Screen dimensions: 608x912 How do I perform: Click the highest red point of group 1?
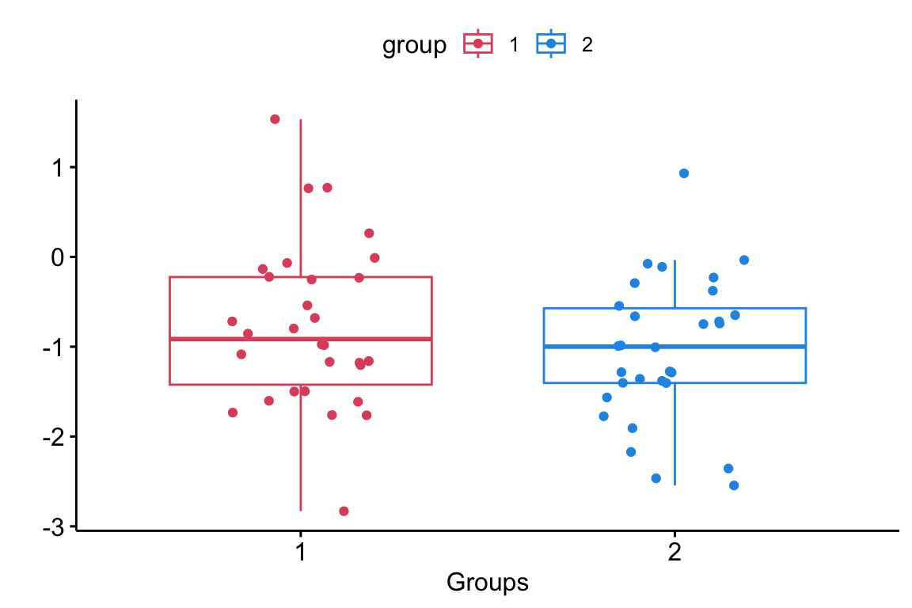[275, 120]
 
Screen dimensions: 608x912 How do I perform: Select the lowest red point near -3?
[344, 511]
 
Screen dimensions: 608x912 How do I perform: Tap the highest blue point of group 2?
[684, 173]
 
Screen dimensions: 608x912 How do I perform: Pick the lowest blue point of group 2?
[734, 485]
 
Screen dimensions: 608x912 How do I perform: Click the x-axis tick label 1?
[300, 552]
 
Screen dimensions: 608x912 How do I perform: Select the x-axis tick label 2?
[674, 552]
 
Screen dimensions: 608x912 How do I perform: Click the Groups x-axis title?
[487, 583]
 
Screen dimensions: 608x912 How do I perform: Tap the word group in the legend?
[414, 45]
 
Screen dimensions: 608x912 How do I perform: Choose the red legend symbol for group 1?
[478, 44]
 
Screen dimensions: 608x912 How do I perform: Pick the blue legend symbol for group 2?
[551, 44]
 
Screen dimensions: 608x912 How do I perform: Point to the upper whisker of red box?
[301, 198]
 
